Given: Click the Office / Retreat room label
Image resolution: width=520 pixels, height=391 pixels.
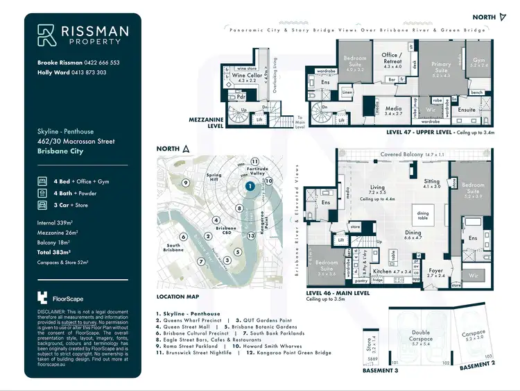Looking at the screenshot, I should [x=392, y=58].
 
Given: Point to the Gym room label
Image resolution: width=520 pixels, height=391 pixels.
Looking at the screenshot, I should [x=479, y=62].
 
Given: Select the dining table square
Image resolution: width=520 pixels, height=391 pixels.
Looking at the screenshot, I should [x=424, y=215].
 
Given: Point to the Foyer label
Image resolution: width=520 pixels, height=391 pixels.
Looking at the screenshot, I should [x=435, y=272].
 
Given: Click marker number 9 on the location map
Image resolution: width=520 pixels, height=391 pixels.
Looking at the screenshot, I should [x=186, y=183].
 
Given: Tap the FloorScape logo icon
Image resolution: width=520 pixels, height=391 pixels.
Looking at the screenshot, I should [x=44, y=297].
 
